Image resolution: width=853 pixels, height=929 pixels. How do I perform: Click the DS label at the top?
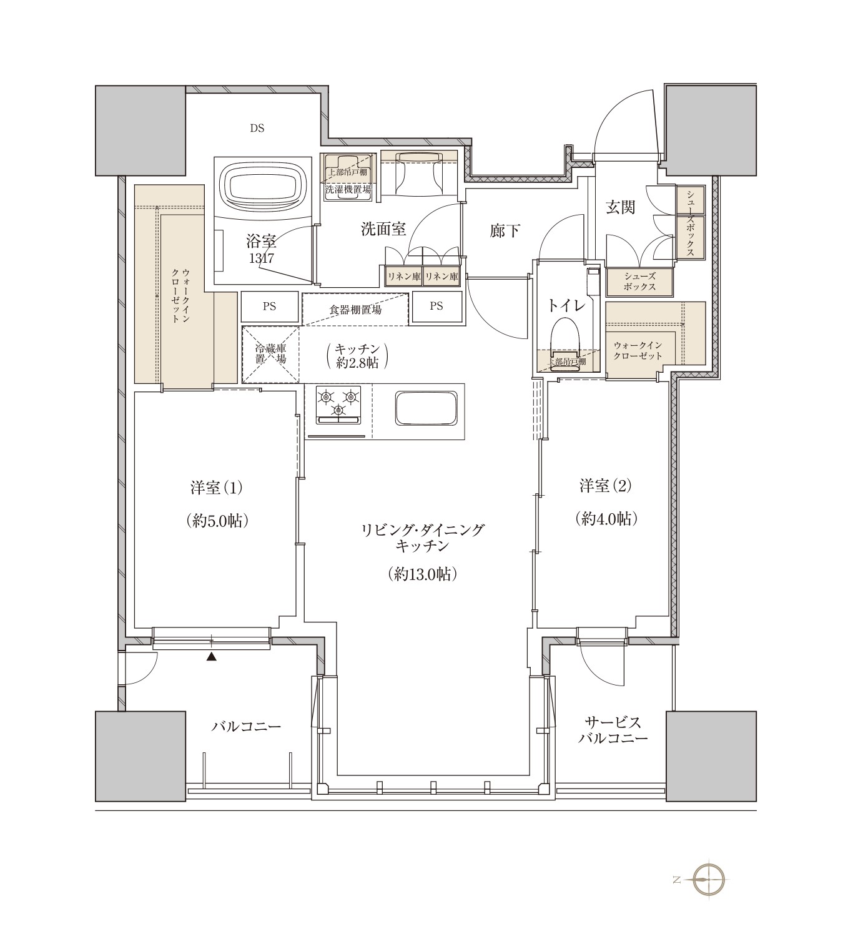(257, 128)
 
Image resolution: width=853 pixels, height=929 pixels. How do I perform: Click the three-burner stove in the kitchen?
(338, 405)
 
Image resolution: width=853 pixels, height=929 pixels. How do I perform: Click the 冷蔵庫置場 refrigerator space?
(270, 355)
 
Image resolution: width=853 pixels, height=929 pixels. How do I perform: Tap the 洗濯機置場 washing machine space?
(348, 177)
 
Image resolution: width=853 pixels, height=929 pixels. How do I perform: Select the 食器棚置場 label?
(355, 310)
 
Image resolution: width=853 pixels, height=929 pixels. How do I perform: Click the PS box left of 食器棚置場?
(270, 307)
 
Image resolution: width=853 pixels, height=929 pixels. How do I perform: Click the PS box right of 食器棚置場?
(436, 306)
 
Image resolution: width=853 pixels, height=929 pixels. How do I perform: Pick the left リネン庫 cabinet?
(403, 277)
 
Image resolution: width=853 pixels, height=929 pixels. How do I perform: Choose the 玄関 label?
(620, 207)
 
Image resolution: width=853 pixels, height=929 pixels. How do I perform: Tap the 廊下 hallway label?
(505, 230)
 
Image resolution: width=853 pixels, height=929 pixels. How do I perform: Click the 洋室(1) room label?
(217, 487)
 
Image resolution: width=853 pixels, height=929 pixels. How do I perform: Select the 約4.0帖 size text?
(606, 519)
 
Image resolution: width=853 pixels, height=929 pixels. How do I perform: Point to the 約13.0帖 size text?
(422, 574)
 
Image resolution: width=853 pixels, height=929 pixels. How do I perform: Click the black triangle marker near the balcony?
(211, 656)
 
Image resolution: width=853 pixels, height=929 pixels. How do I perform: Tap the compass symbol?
(708, 880)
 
